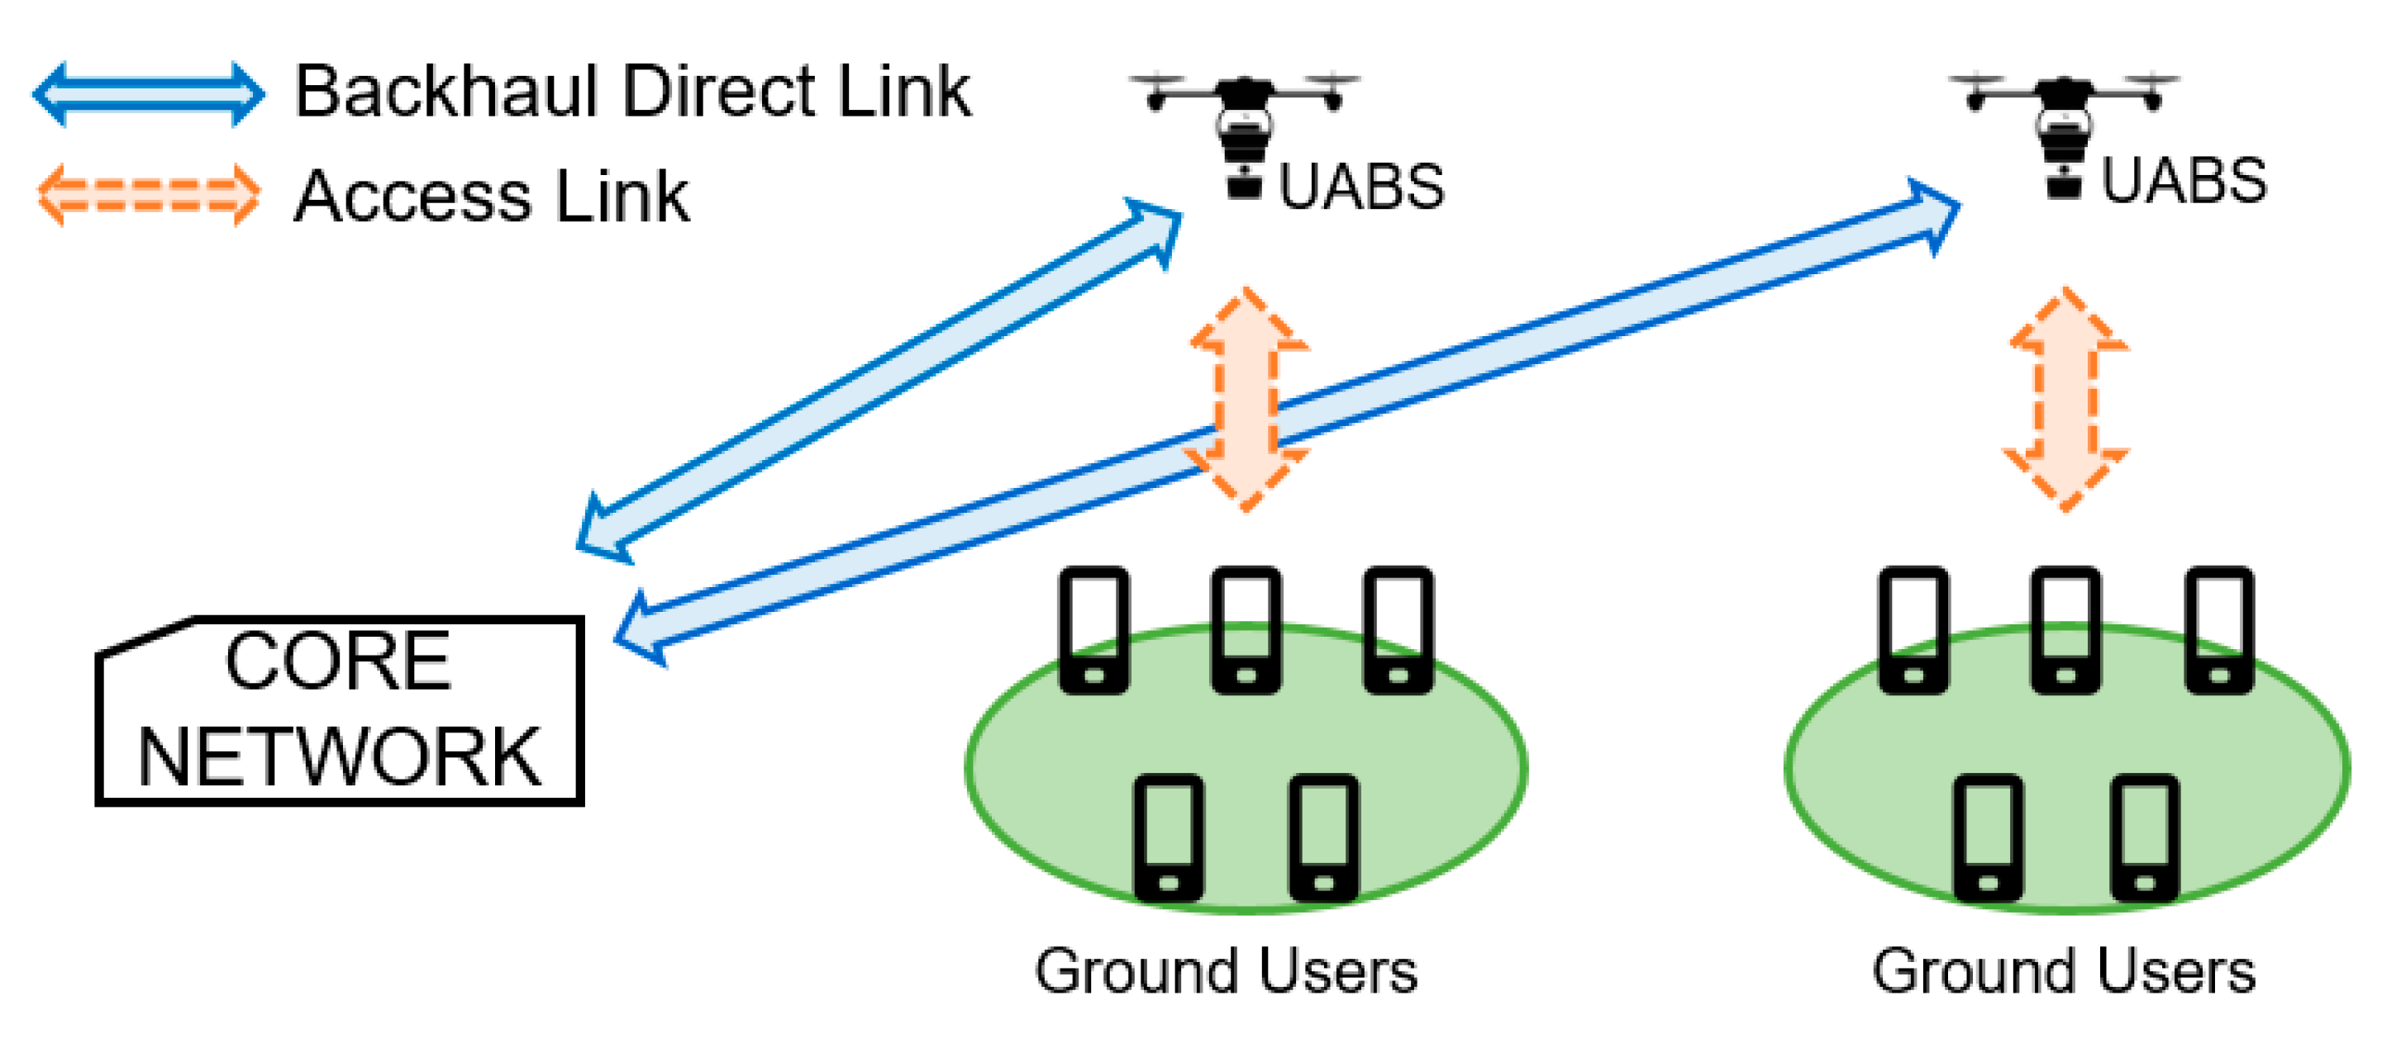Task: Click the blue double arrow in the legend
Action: pos(148,93)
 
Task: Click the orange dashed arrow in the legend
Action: pos(148,195)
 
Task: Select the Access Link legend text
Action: pos(491,197)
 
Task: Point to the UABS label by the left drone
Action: pos(1360,187)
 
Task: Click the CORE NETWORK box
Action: pos(341,710)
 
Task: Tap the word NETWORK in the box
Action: pos(341,757)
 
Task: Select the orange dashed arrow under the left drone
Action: pos(1246,400)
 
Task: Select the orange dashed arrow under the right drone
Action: pos(2065,400)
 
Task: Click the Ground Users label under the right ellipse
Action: pos(2064,971)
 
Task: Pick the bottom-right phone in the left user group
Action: pos(1323,837)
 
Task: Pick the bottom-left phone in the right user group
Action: pos(1988,837)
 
